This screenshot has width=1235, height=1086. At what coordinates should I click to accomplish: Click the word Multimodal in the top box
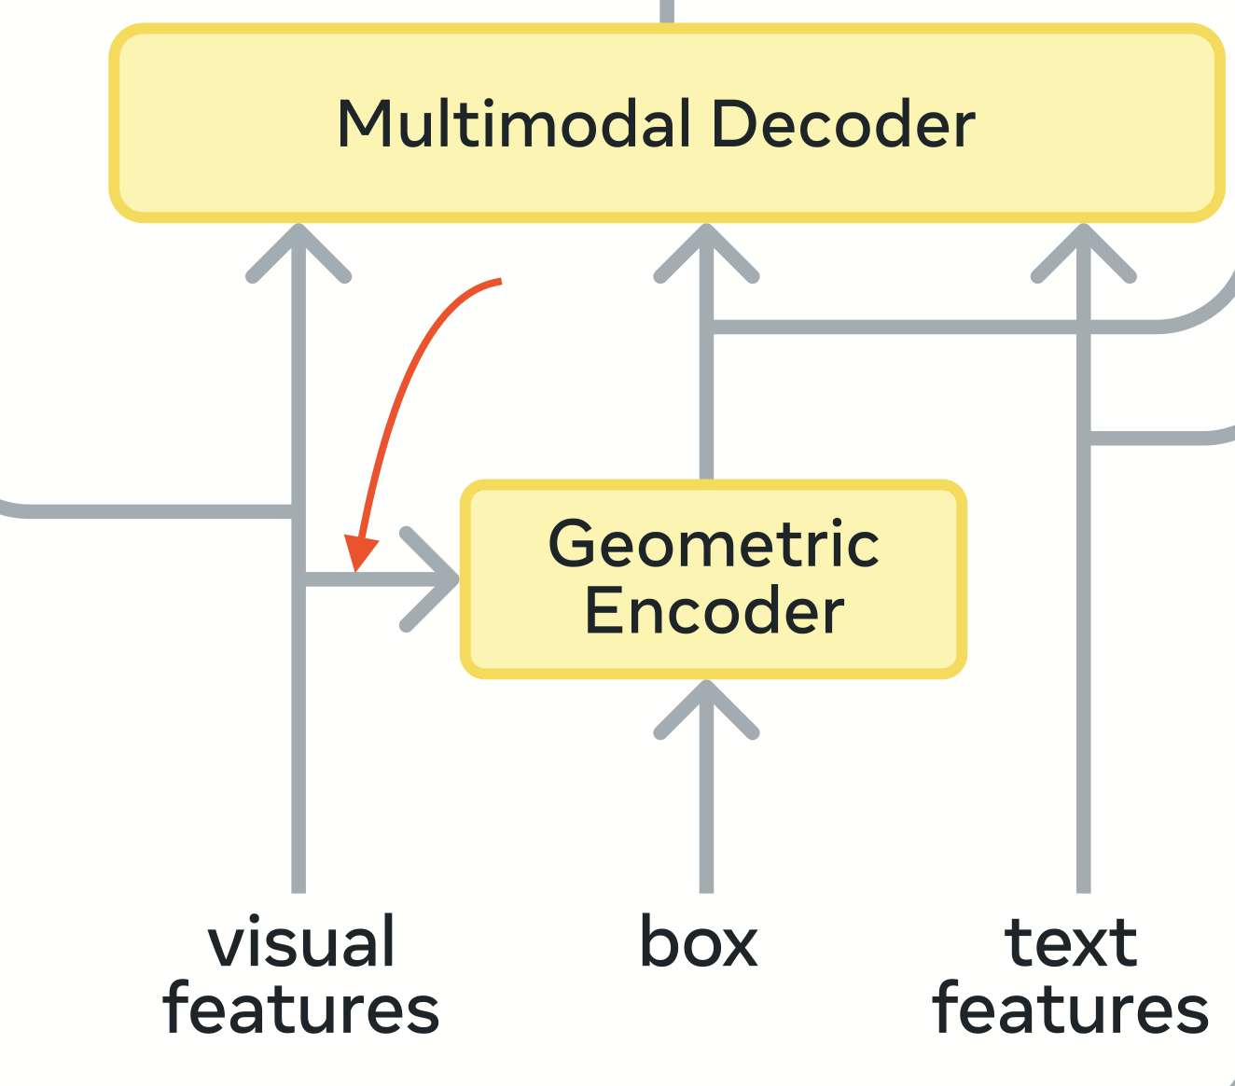[x=514, y=124]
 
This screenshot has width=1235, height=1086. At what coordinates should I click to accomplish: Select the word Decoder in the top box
[x=842, y=124]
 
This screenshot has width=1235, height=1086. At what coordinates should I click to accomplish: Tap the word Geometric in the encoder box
[x=714, y=544]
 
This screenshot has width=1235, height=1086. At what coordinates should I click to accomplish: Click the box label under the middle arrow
[x=698, y=942]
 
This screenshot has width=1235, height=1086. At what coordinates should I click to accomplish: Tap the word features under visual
[x=301, y=1009]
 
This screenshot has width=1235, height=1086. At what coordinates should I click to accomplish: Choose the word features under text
[x=1071, y=1009]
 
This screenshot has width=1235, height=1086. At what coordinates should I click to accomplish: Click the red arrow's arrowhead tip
[x=356, y=567]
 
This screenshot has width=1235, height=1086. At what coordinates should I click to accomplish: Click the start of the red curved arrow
[x=500, y=281]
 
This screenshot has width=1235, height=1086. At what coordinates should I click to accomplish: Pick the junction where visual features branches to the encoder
[x=298, y=579]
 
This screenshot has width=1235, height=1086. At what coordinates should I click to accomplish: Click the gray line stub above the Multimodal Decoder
[x=667, y=11]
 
